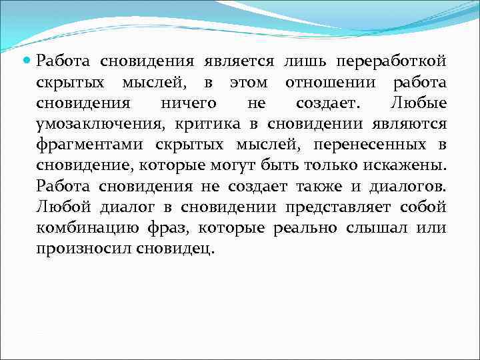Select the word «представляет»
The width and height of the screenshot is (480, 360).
click(x=341, y=207)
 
